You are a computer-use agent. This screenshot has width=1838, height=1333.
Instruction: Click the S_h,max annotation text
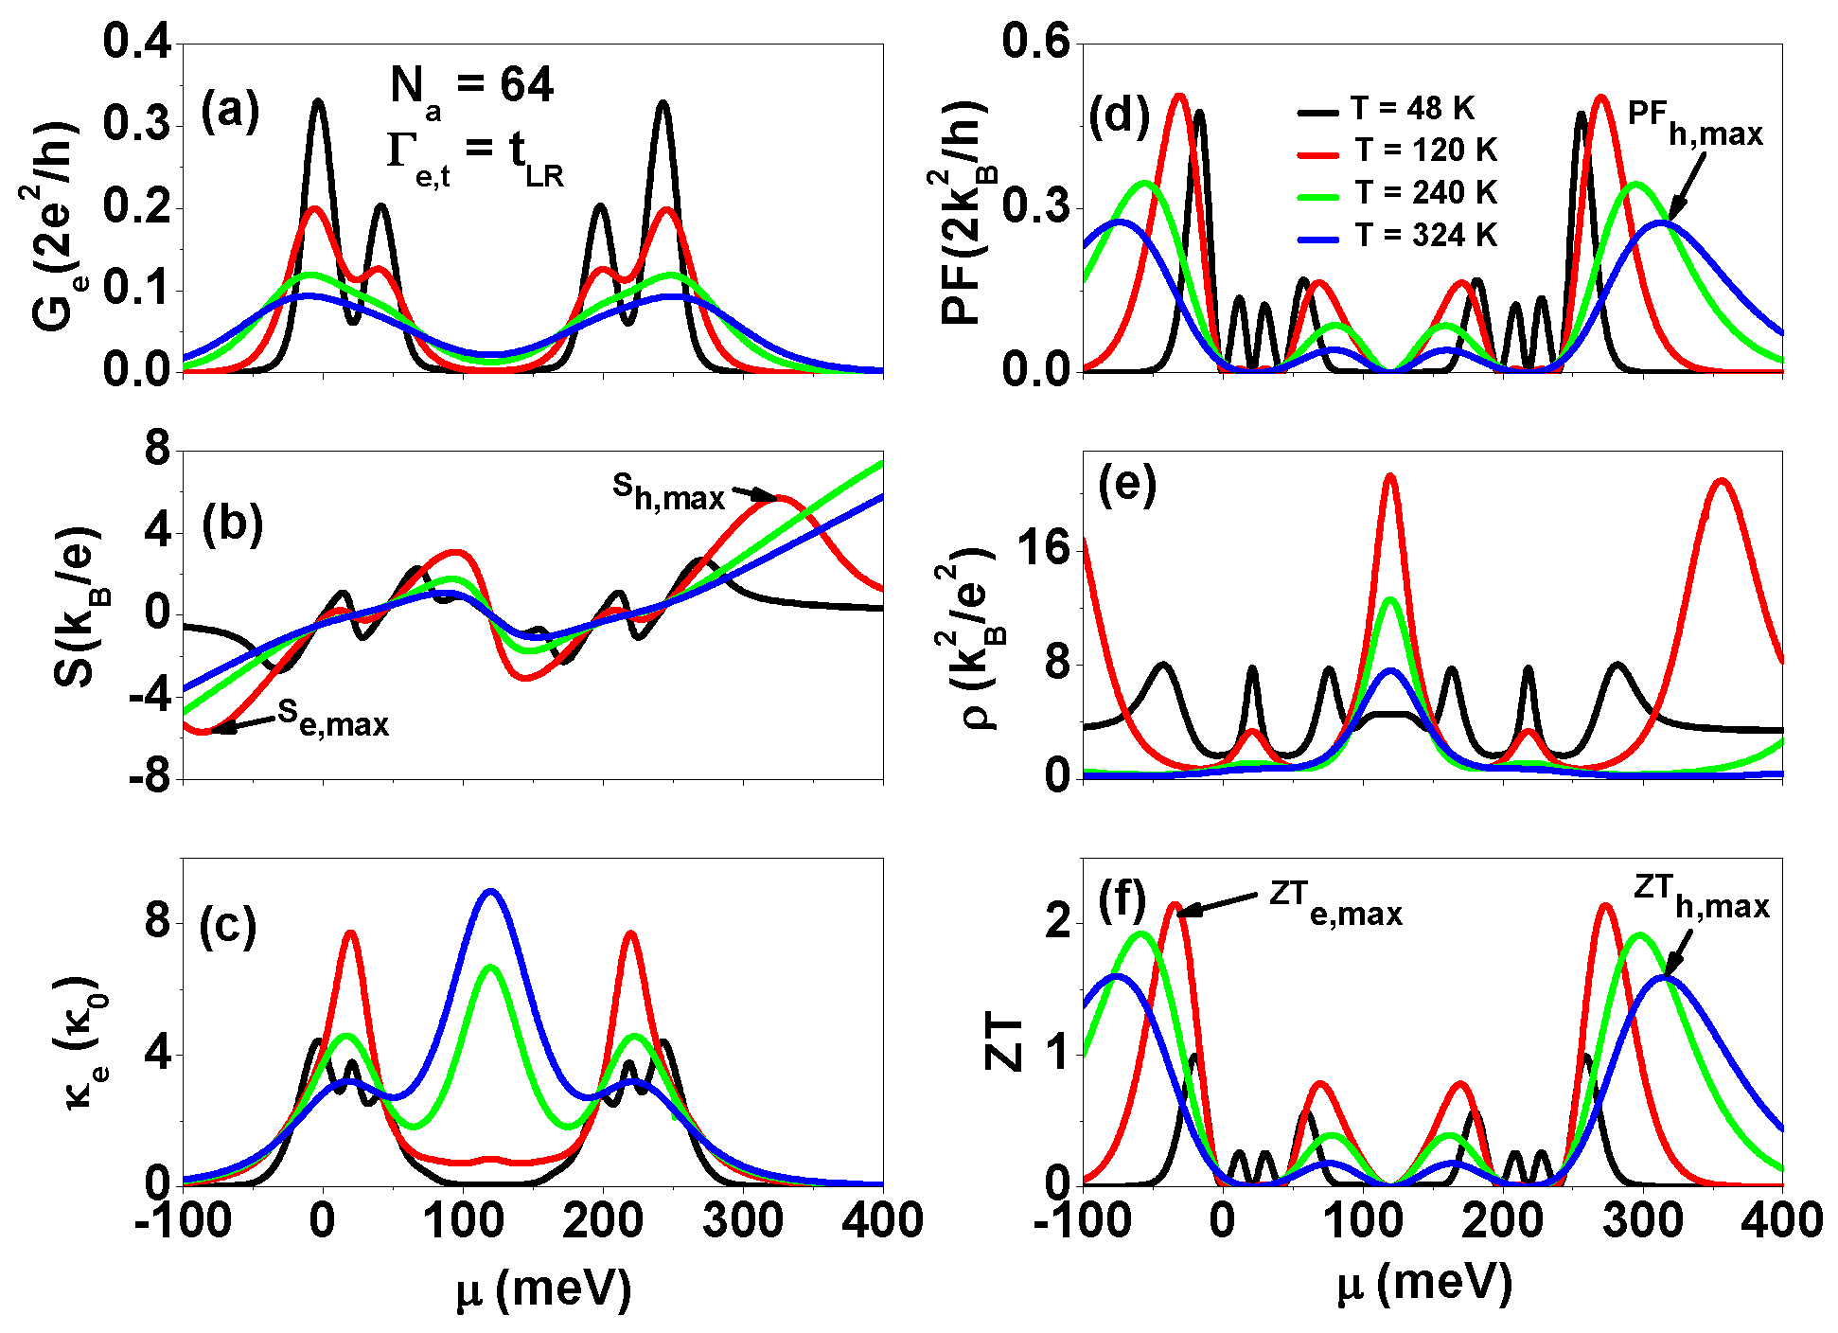(x=668, y=491)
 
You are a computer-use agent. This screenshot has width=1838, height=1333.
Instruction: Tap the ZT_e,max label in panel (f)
(x=1335, y=900)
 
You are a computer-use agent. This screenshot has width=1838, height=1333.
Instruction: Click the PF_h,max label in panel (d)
(x=1694, y=124)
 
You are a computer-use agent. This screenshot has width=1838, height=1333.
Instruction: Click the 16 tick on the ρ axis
(x=1041, y=548)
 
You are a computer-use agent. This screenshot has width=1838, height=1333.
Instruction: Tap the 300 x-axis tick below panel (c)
(x=744, y=1221)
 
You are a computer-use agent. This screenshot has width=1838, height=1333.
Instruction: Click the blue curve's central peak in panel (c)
(x=489, y=891)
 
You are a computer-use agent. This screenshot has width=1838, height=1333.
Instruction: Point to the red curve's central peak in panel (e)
(x=1389, y=476)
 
